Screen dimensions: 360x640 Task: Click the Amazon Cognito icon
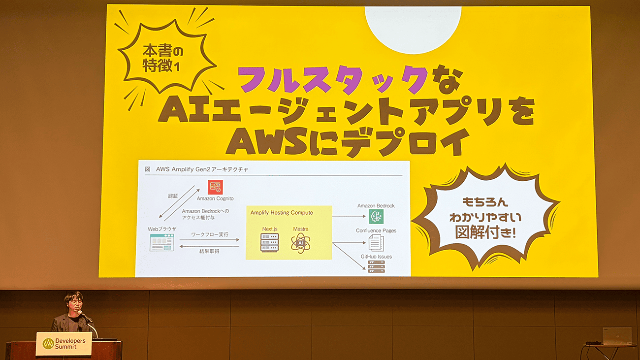point(215,187)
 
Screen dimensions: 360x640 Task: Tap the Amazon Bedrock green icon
point(376,217)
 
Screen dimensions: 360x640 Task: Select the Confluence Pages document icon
point(376,243)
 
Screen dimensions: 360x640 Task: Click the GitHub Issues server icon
point(376,266)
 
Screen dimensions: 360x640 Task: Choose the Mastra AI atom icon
point(300,243)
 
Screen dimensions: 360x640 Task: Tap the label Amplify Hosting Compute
point(282,213)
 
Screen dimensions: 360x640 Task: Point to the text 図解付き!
point(485,232)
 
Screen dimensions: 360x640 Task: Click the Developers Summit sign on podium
point(64,343)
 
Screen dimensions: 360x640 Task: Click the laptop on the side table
point(617,336)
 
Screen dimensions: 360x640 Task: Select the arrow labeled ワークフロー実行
point(209,240)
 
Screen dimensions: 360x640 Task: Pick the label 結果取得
point(209,251)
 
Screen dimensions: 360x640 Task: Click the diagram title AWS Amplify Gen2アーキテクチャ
point(202,169)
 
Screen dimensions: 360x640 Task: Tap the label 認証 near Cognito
point(173,196)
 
